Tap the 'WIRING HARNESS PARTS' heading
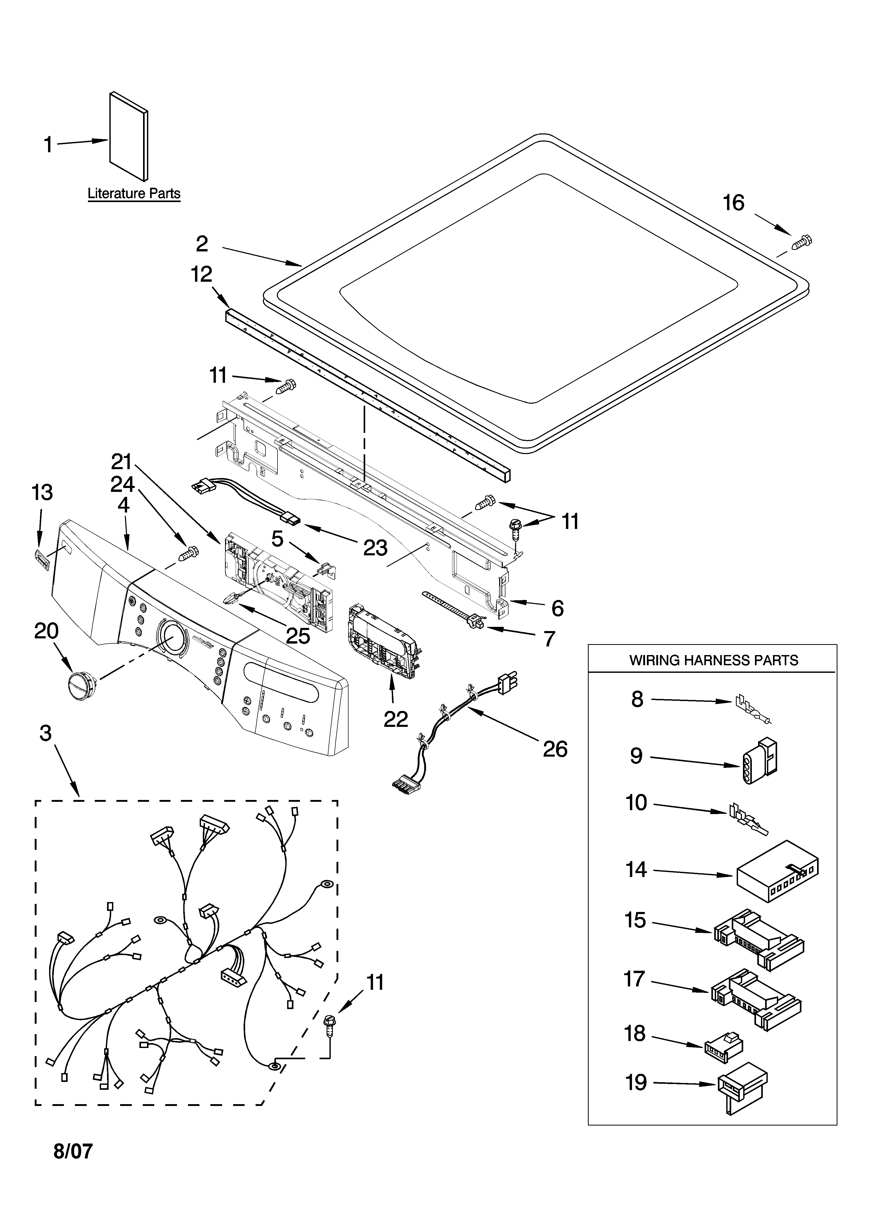(713, 661)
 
